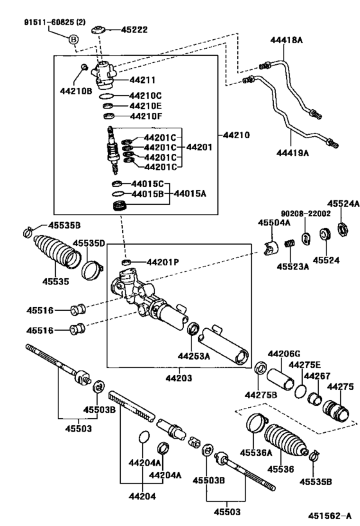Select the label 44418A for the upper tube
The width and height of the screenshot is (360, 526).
tap(286, 39)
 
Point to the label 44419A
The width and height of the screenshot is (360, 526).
tap(293, 152)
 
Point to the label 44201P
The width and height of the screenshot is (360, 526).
tap(162, 261)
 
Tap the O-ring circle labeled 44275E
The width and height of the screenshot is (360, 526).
tap(300, 390)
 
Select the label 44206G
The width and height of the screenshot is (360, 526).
tap(283, 354)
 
